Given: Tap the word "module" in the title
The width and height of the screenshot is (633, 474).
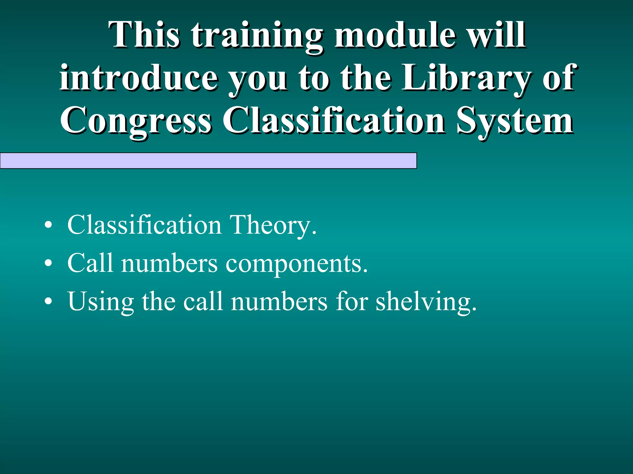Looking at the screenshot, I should pos(395,35).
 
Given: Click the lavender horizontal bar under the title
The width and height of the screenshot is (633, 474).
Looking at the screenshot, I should pos(208,160).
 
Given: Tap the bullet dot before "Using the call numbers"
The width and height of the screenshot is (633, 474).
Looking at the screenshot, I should pos(48,301).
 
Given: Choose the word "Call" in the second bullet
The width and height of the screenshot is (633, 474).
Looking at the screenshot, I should pos(90,263).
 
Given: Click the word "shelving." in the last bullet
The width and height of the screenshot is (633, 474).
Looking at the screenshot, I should pos(426,302).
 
